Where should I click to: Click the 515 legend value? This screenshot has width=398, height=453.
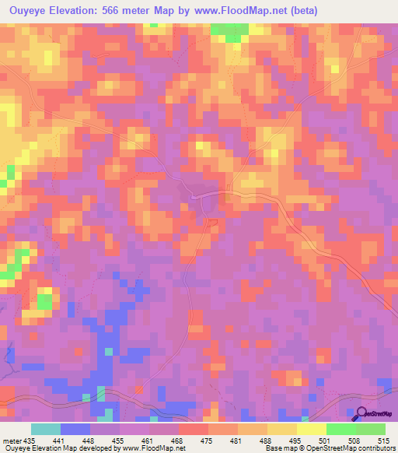(384, 441)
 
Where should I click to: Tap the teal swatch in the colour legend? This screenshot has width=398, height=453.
(46, 429)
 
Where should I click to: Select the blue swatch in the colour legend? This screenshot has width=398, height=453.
(75, 429)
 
